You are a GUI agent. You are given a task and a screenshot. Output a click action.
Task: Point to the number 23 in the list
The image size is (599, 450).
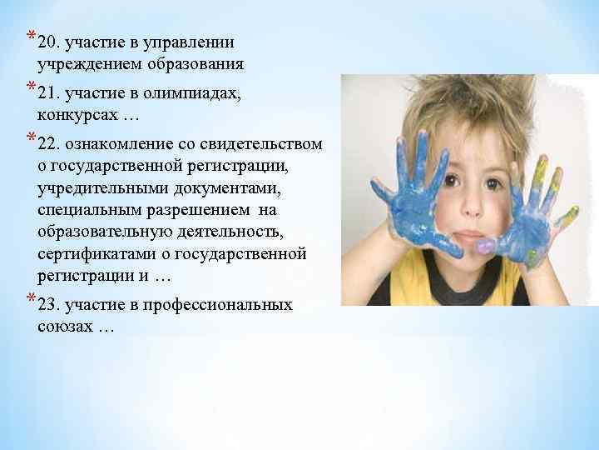pos(49,305)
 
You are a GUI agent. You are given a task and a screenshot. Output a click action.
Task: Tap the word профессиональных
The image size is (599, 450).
pos(225,305)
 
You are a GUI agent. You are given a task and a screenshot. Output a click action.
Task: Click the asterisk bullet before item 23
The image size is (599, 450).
pos(31,299)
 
